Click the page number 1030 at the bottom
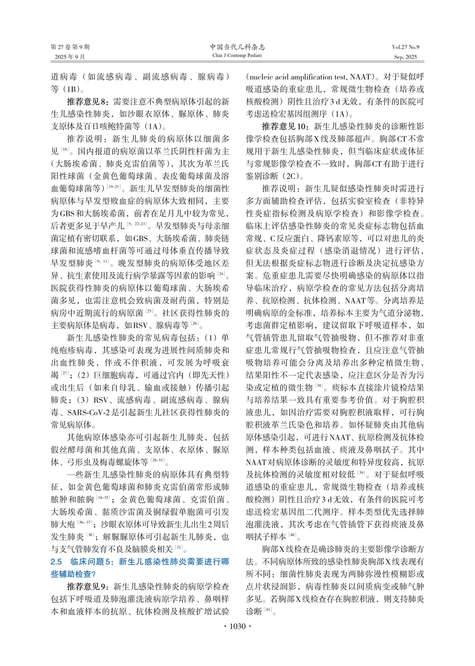[x=237, y=626]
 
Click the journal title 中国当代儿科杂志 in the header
[x=237, y=47]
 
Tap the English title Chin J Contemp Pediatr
[x=237, y=56]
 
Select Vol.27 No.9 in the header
[x=405, y=47]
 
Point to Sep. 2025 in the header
[x=405, y=57]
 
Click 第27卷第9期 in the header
[x=70, y=47]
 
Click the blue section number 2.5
[x=56, y=562]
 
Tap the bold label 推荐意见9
[x=88, y=586]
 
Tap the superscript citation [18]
[x=65, y=149]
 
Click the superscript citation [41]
[x=268, y=609]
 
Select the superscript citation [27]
[x=65, y=373]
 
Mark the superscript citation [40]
[x=293, y=535]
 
